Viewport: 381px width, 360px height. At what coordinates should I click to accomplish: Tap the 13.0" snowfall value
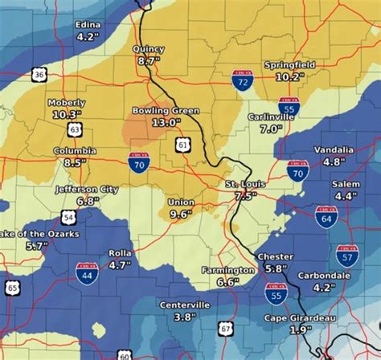pos(161,122)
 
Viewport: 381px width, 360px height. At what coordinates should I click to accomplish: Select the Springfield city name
pos(289,65)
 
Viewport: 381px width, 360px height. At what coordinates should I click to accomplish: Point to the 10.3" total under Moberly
pos(67,115)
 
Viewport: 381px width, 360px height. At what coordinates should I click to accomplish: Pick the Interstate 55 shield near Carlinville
pos(289,106)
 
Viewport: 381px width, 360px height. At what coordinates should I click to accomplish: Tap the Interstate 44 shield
pos(87,273)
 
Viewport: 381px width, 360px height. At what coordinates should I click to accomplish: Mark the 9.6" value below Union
pos(179,214)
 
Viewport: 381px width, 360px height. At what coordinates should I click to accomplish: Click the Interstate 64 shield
pos(326,216)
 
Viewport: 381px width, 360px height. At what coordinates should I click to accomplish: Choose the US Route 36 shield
pos(39,75)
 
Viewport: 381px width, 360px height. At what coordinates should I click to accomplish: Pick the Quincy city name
pos(149,49)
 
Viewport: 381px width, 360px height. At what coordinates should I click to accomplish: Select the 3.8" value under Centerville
pos(183,317)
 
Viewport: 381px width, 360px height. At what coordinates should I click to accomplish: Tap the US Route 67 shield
pos(225,327)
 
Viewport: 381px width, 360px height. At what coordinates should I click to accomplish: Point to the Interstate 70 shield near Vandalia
pos(297,170)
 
